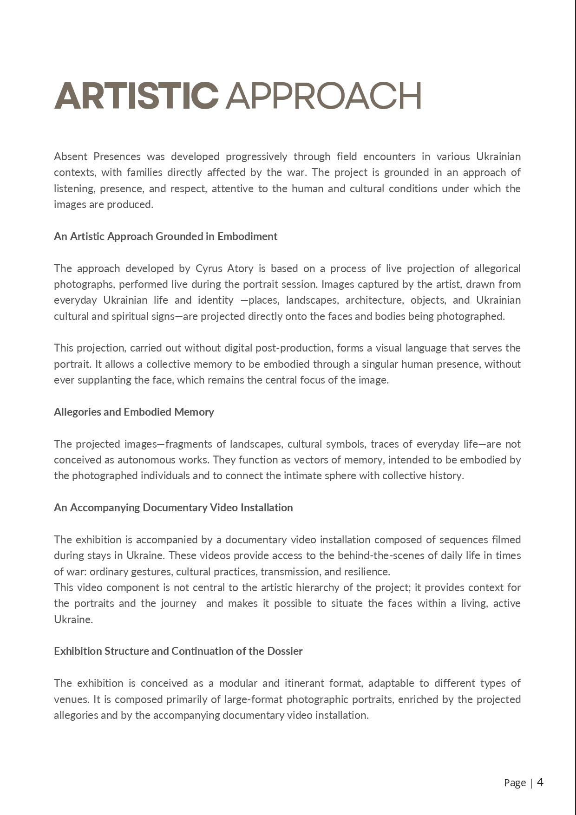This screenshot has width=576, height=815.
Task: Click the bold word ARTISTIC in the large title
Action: [x=136, y=96]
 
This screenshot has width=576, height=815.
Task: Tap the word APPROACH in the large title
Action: [x=324, y=96]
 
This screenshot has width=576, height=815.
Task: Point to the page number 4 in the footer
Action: [x=540, y=782]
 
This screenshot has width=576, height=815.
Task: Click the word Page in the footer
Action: [x=515, y=783]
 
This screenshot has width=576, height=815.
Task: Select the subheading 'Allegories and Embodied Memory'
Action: [x=134, y=412]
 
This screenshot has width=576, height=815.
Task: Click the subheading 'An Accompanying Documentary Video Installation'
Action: [x=173, y=508]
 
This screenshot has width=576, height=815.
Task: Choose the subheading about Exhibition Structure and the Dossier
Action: [x=178, y=651]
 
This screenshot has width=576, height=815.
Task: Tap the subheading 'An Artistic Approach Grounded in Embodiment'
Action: [x=165, y=236]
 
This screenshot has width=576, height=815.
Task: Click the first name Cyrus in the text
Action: [x=209, y=268]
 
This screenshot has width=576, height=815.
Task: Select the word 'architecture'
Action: [x=374, y=300]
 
